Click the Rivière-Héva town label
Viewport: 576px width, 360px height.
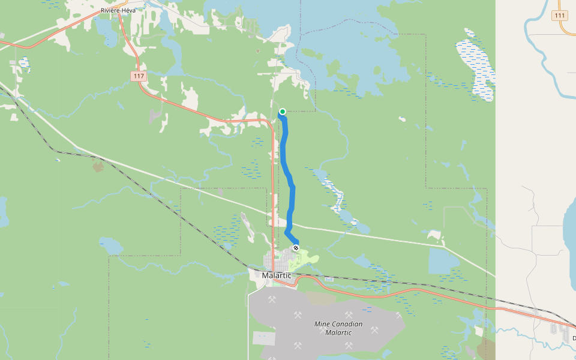pos(118,10)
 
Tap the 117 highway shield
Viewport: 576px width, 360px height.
pos(139,76)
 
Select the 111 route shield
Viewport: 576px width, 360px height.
pos(560,16)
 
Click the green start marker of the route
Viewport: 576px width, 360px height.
pos(282,111)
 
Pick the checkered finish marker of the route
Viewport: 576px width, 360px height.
pos(296,247)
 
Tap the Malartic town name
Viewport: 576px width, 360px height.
pos(277,275)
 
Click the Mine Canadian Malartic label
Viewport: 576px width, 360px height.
pos(338,328)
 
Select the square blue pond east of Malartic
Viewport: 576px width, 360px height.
pos(444,261)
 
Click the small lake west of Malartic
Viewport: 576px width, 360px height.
pos(111,245)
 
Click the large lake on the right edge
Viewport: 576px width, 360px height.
pos(569,228)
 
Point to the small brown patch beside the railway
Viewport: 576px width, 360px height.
pos(98,166)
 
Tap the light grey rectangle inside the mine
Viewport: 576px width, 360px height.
pos(264,338)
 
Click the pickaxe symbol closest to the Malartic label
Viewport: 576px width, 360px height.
pos(272,299)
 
